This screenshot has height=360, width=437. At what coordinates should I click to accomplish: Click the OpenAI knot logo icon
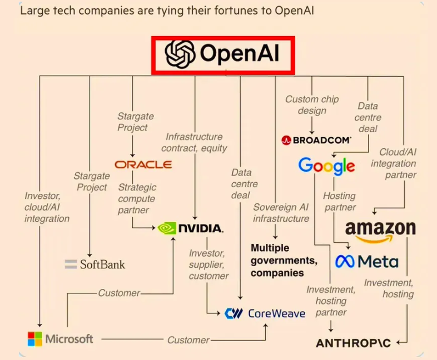180,54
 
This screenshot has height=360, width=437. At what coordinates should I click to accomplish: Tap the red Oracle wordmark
143,164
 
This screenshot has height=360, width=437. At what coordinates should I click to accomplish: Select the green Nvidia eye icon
167,228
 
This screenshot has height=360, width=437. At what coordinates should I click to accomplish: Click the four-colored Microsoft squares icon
35,339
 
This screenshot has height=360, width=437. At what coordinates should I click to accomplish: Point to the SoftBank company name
102,264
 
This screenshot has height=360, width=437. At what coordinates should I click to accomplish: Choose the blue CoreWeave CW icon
234,313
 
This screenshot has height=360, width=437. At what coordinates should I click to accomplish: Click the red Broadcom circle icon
286,140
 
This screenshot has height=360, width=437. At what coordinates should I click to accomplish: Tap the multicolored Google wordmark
326,166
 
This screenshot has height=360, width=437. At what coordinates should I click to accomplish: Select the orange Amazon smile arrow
374,238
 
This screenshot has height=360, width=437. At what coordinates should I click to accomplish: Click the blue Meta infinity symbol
345,262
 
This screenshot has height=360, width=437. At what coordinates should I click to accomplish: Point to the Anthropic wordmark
353,343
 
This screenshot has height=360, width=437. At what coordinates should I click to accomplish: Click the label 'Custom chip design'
312,104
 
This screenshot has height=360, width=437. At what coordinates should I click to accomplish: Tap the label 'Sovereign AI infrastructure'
281,213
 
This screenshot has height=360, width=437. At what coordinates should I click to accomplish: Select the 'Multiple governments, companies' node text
284,261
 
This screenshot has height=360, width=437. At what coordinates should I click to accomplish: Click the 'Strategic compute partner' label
137,198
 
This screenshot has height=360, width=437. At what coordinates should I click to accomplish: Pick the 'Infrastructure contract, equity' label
194,142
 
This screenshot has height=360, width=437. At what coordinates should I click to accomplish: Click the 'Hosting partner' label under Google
340,201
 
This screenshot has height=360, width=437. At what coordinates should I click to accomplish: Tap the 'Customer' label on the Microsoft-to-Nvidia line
119,293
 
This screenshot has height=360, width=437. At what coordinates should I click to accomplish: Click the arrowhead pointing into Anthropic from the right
399,342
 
